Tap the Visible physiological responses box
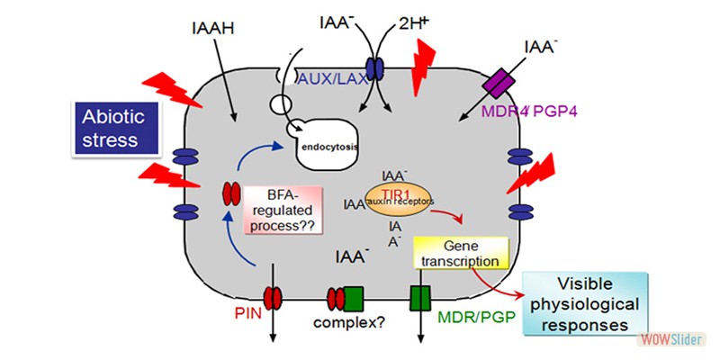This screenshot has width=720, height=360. click(x=588, y=302)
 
